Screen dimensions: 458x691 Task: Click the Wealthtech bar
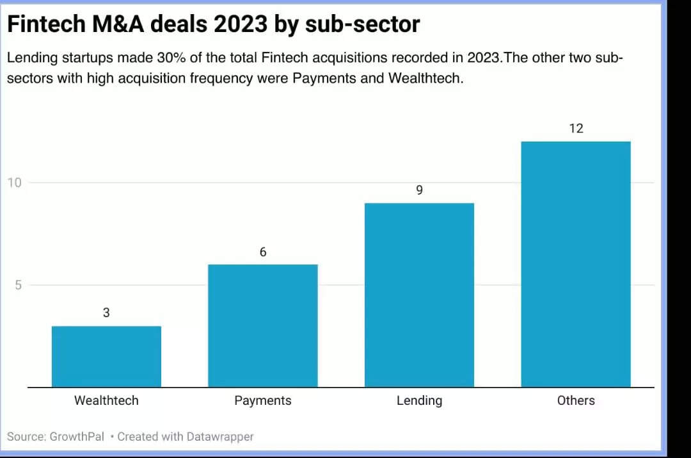[x=106, y=356]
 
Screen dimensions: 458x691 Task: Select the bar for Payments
[x=263, y=325]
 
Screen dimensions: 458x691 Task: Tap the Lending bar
[x=419, y=295]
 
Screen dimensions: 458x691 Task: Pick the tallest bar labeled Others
[x=576, y=264]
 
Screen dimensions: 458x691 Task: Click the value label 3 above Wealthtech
[x=106, y=313]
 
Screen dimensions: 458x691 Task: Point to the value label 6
[x=263, y=252]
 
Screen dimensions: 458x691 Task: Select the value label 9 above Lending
[x=419, y=190]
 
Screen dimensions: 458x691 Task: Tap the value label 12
[x=576, y=128]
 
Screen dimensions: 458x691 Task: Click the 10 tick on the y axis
[x=15, y=183]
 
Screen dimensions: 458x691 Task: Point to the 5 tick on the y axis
[x=19, y=285]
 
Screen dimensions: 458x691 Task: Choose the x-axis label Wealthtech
[x=106, y=400]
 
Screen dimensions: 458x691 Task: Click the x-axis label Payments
[x=263, y=400]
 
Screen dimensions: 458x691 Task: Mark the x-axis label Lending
[x=419, y=400]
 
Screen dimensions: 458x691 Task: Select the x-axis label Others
[x=576, y=400]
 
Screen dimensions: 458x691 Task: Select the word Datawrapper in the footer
[x=220, y=437]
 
